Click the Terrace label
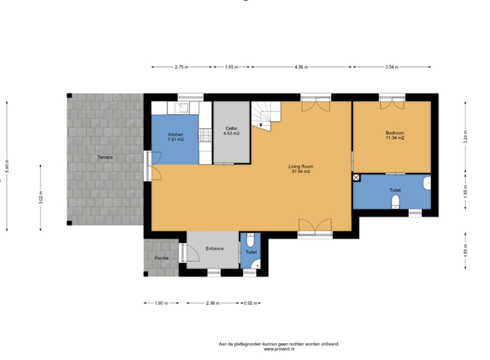(x=105, y=157)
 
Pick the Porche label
(x=161, y=258)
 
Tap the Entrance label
(x=214, y=248)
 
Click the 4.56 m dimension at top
(x=301, y=67)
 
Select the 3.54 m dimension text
(x=392, y=67)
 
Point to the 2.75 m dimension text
(x=182, y=67)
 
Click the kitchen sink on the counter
(x=182, y=107)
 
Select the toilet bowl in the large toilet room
(x=396, y=201)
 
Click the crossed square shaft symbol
(x=356, y=177)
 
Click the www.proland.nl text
(x=279, y=349)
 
